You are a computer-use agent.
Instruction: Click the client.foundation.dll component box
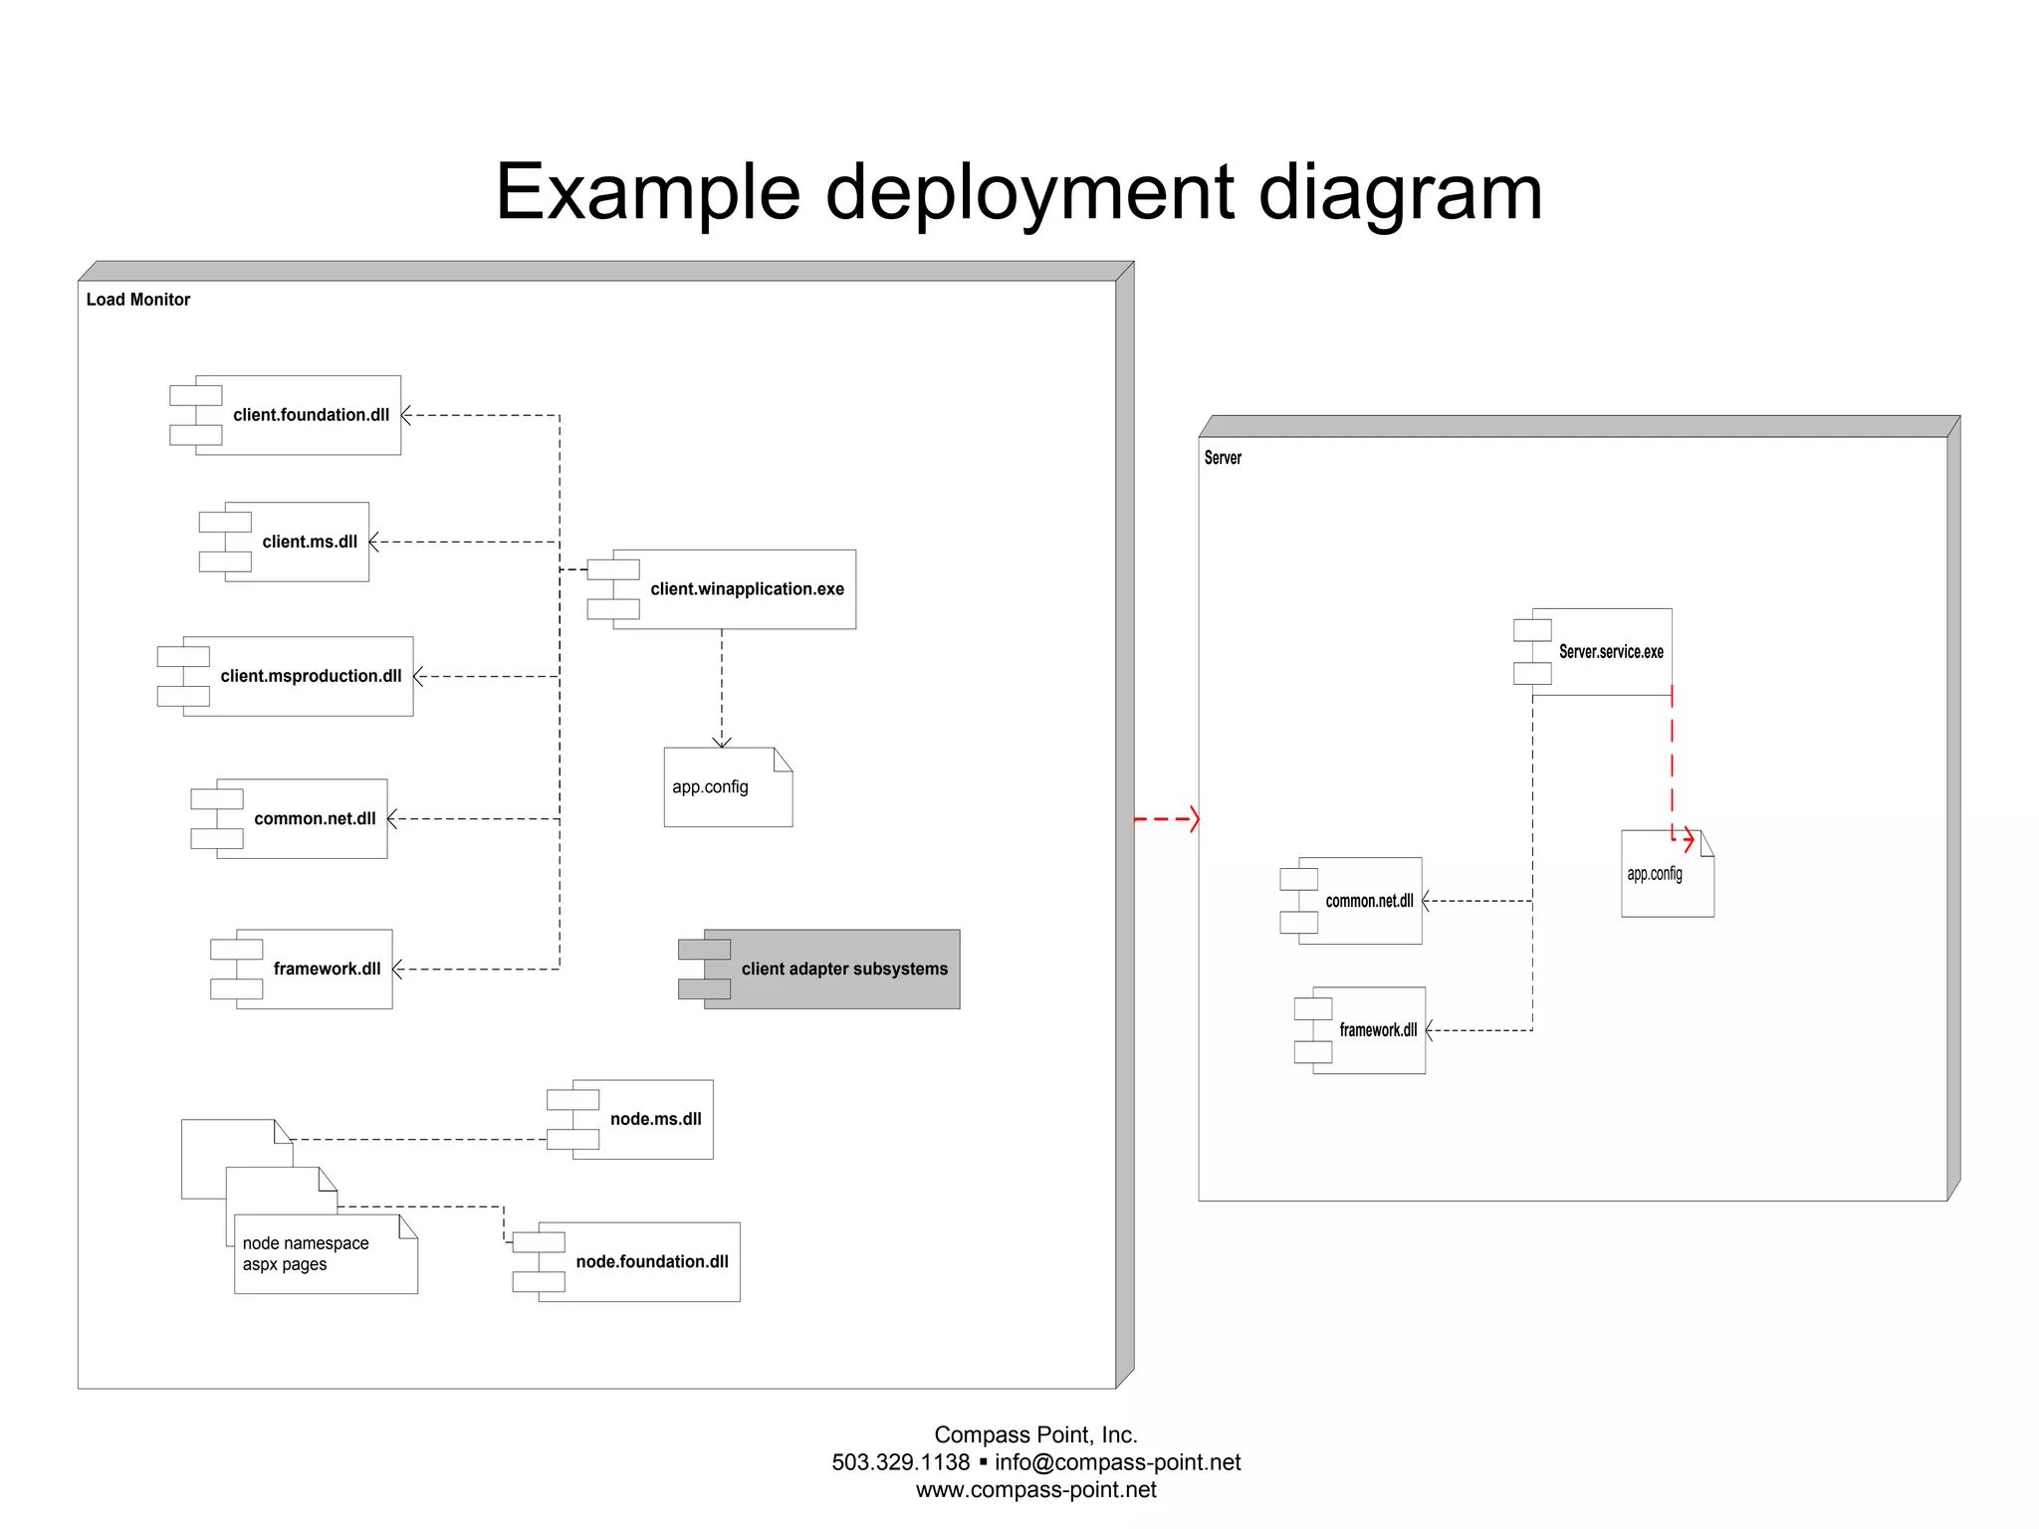(298, 415)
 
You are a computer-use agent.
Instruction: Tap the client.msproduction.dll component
(298, 676)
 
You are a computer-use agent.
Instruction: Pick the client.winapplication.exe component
(734, 589)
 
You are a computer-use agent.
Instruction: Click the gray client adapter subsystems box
(831, 969)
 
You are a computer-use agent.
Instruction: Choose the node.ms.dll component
(642, 1119)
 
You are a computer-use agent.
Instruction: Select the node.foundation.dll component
(638, 1261)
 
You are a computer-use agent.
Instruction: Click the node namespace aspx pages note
(325, 1254)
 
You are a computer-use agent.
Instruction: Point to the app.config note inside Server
(1667, 875)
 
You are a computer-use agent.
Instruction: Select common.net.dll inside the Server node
(1359, 901)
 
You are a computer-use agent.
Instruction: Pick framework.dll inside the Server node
(1368, 1030)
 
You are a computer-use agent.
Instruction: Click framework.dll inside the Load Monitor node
(314, 969)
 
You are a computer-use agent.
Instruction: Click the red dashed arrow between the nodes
(1167, 819)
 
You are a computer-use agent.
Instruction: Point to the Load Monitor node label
(138, 300)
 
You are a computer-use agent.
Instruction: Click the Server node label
(1223, 458)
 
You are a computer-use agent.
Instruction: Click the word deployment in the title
(1029, 192)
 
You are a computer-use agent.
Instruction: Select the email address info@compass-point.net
(1117, 1462)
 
